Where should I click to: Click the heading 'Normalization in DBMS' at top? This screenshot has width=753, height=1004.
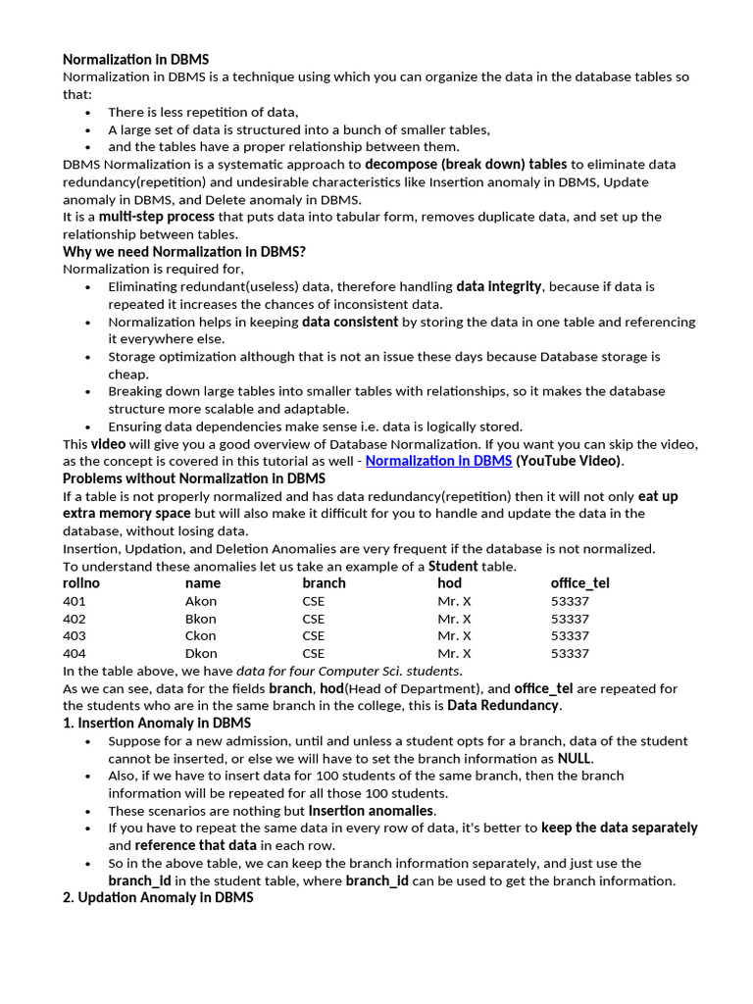click(135, 60)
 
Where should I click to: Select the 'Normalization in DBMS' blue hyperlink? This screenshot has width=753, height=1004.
click(438, 461)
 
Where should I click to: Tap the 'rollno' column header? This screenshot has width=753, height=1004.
click(81, 583)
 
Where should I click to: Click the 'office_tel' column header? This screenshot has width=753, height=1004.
click(579, 583)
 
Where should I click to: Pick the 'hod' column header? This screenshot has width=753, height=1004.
click(449, 583)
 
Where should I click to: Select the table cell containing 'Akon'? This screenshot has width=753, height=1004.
click(201, 601)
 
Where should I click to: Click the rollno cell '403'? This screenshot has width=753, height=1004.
click(75, 635)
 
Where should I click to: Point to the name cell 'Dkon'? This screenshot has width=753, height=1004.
click(201, 653)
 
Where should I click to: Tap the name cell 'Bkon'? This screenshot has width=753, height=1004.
click(200, 619)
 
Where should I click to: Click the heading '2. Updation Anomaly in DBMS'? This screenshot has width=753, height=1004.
click(158, 897)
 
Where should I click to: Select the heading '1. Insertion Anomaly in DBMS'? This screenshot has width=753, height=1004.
click(157, 724)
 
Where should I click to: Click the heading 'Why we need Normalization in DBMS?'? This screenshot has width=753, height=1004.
click(184, 252)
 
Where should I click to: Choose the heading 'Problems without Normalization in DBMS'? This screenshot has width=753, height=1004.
click(194, 478)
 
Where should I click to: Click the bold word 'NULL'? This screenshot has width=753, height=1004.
click(575, 758)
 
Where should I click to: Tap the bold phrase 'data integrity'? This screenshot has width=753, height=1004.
click(498, 286)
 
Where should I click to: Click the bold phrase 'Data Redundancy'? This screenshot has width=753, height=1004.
click(503, 706)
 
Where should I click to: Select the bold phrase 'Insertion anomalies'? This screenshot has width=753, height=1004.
click(371, 811)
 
